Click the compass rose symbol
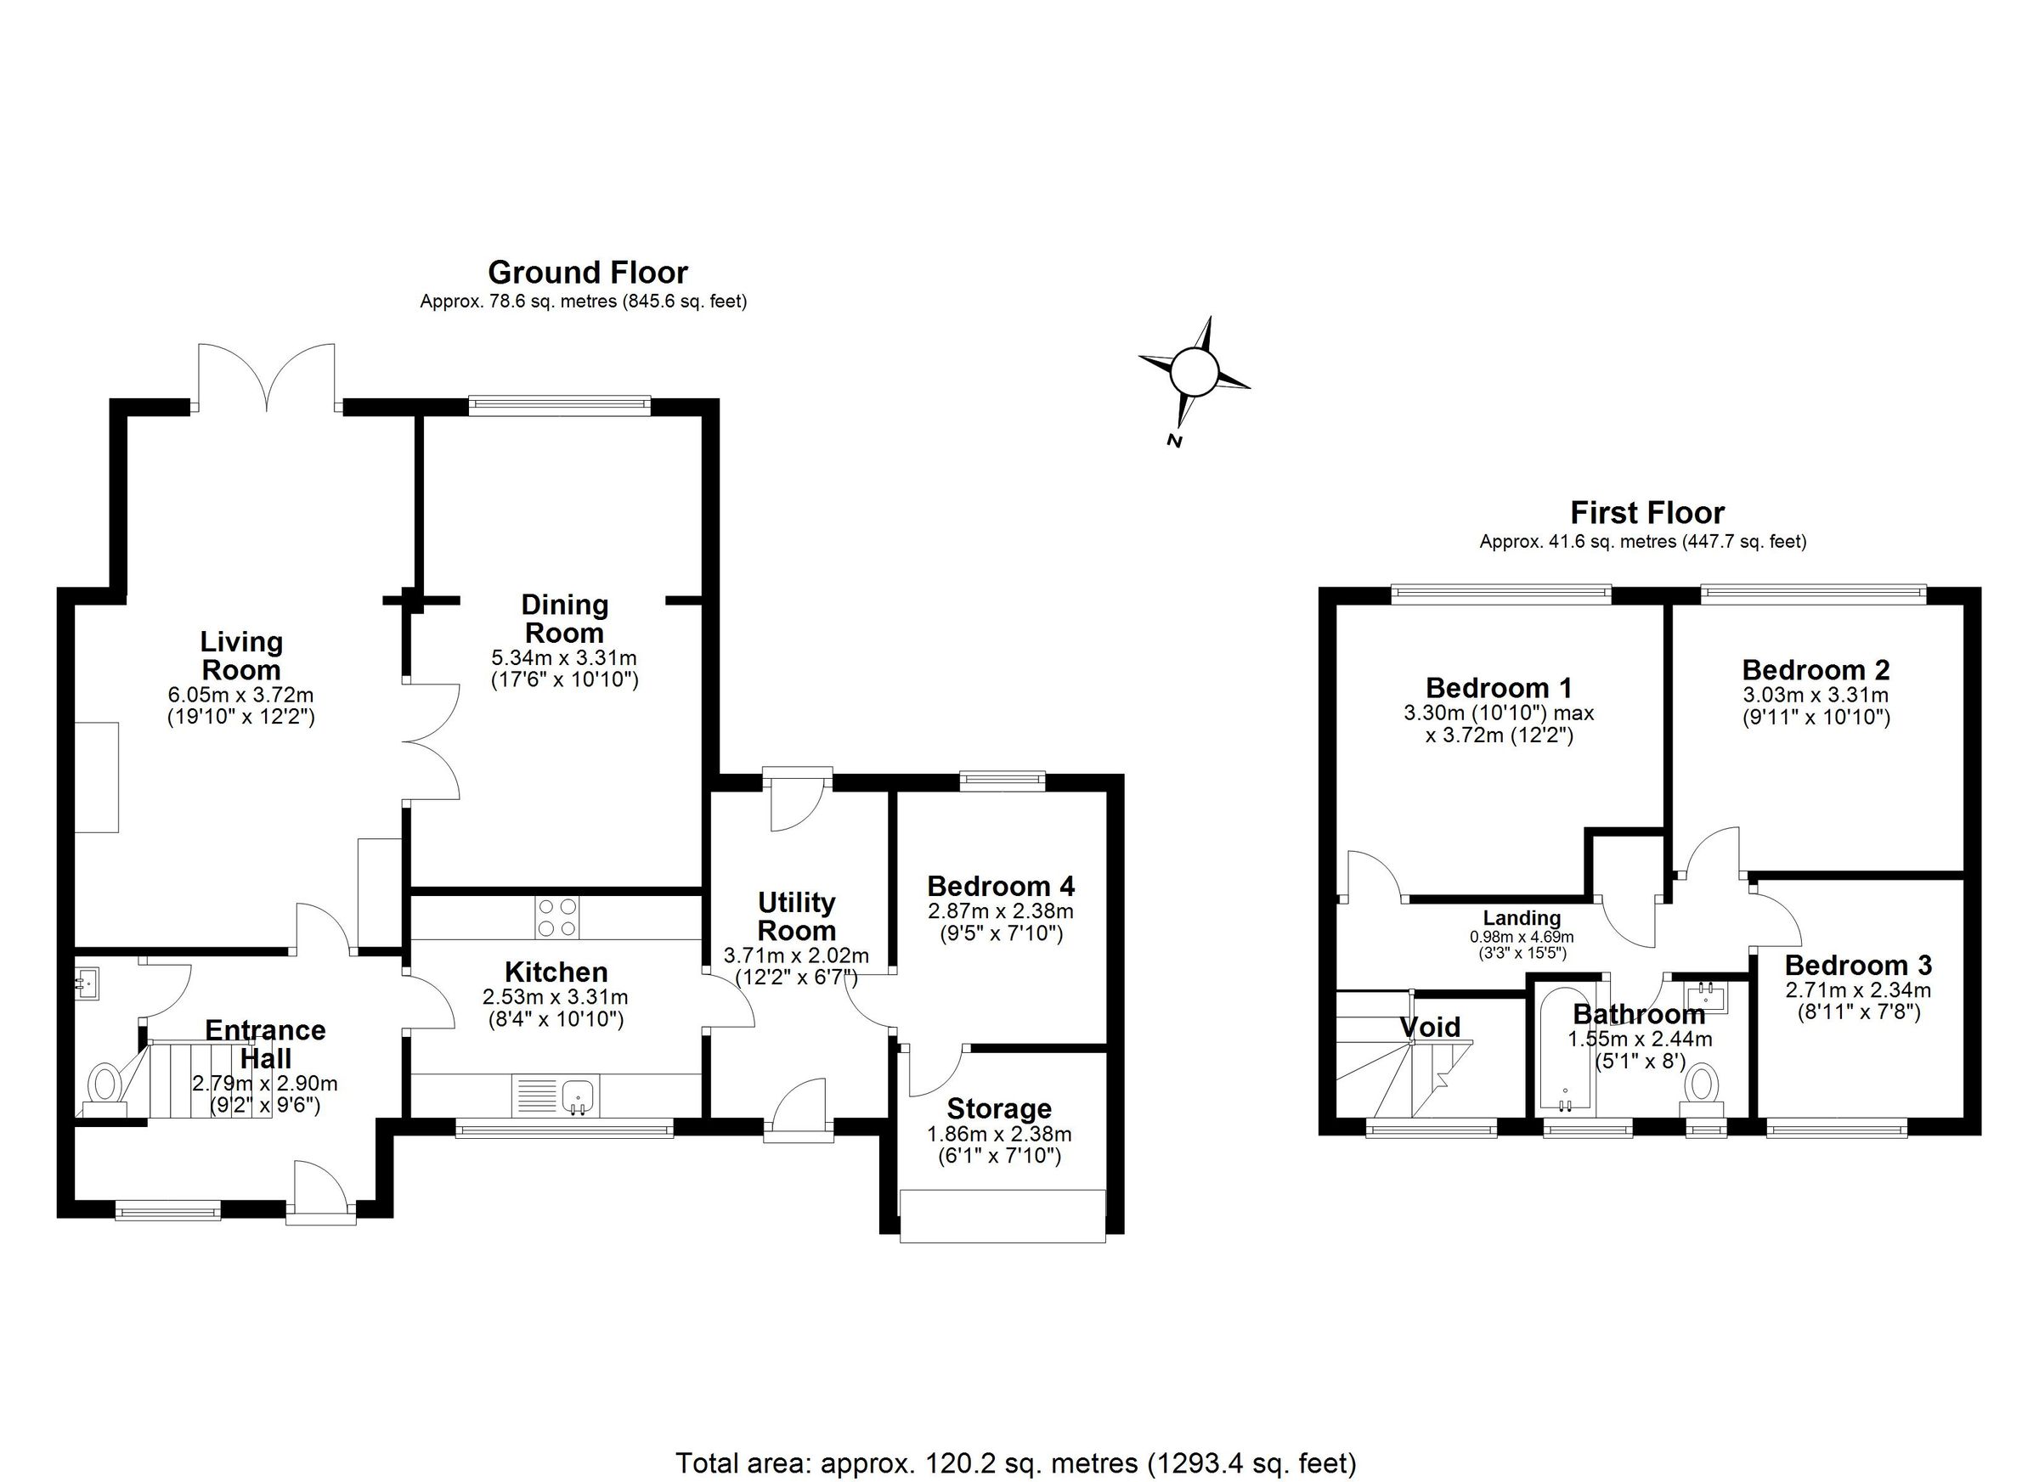[1194, 371]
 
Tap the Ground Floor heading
[587, 273]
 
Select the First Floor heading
[1646, 513]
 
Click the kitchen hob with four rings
[556, 917]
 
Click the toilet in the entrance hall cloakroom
[106, 1085]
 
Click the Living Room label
[241, 656]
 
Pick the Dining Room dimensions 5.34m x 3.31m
[563, 658]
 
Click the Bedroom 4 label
[1000, 886]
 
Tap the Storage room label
[998, 1109]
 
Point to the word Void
[1431, 1026]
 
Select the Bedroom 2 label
[1816, 669]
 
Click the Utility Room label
[796, 916]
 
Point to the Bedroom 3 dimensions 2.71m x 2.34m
[1857, 990]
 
